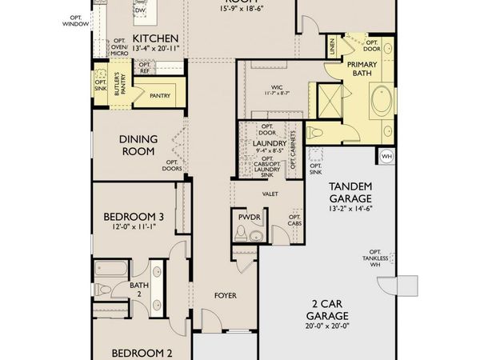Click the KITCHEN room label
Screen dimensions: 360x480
(x=154, y=38)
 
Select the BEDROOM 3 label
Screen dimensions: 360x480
(x=134, y=216)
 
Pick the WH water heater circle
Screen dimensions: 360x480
(x=386, y=155)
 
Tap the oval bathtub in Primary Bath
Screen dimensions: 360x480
(x=382, y=102)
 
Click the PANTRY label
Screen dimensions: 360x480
(x=161, y=96)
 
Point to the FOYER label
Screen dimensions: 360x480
(x=226, y=296)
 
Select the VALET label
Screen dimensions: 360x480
(x=270, y=193)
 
